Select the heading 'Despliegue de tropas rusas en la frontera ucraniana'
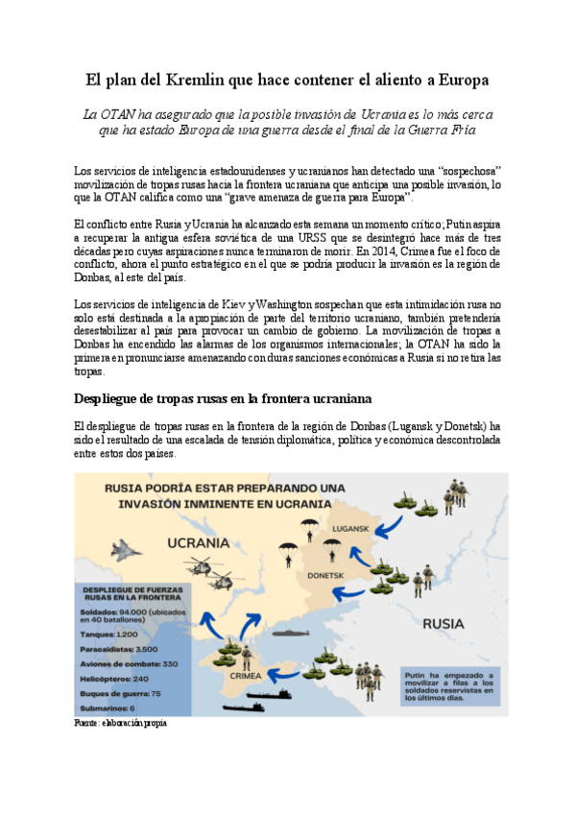(223, 397)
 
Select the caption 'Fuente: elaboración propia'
(120, 723)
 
